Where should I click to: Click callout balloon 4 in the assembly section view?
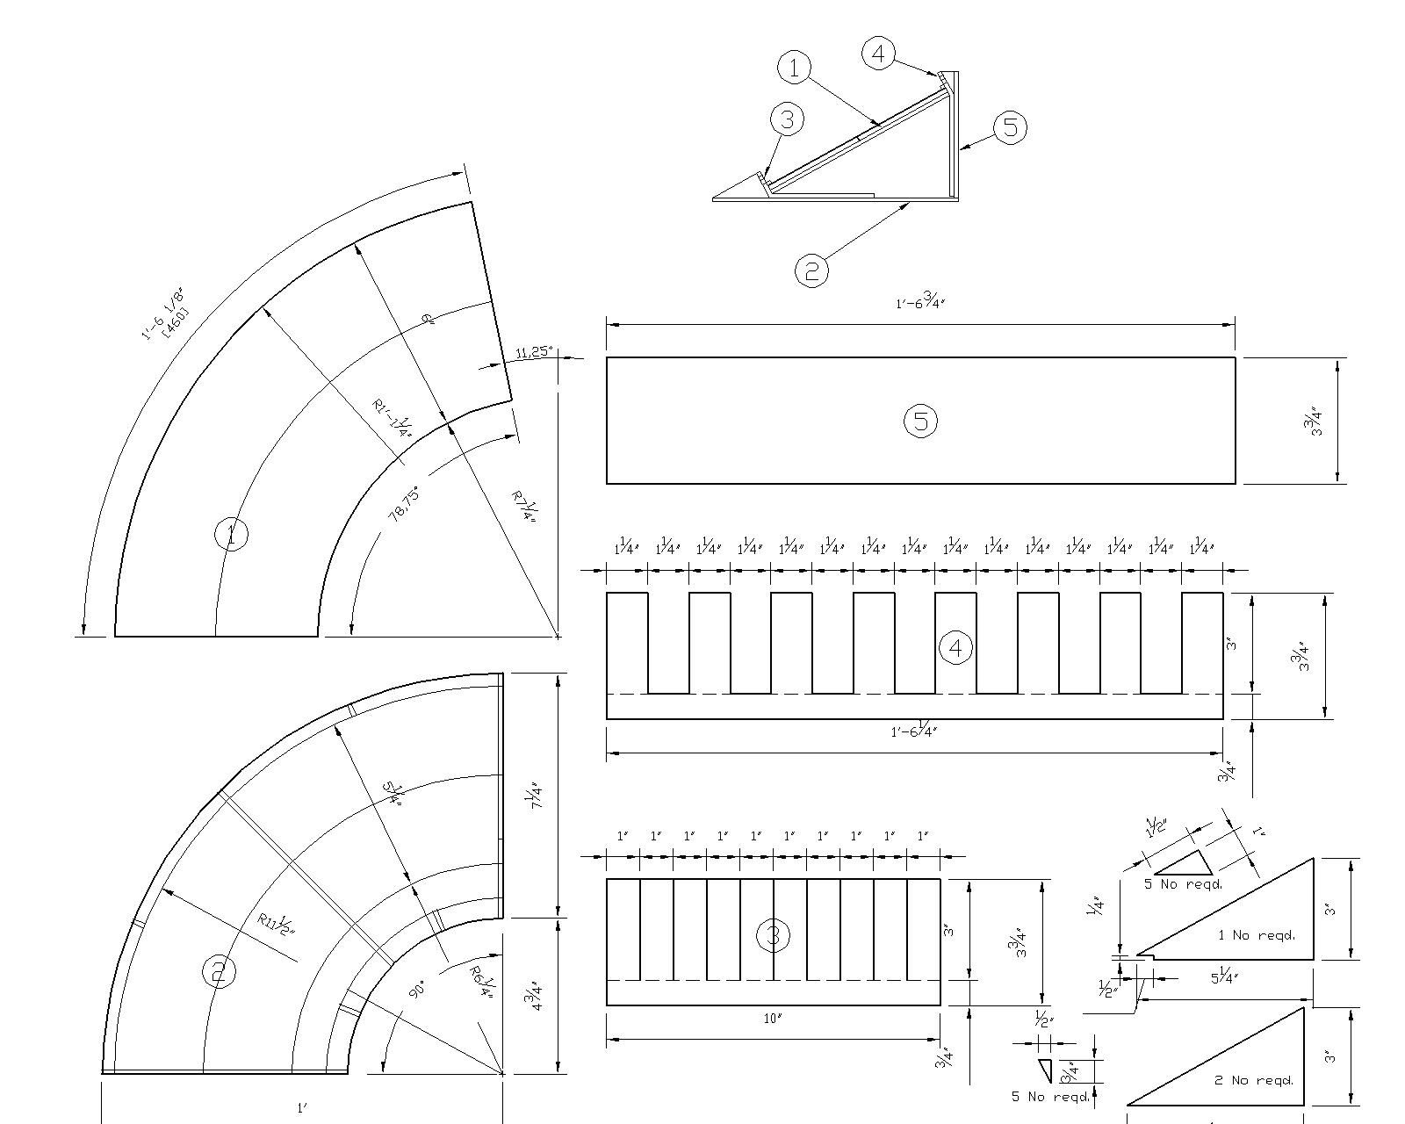pyautogui.click(x=877, y=54)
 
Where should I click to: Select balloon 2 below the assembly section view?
pyautogui.click(x=811, y=270)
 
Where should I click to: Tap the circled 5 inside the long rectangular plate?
pyautogui.click(x=920, y=421)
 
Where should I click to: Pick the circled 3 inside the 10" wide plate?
pyautogui.click(x=773, y=936)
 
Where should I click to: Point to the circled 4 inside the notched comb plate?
pyautogui.click(x=955, y=648)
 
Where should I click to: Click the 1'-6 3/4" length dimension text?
pyautogui.click(x=919, y=303)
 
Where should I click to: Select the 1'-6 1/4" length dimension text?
pyautogui.click(x=914, y=731)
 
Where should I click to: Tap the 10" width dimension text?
pyautogui.click(x=773, y=1020)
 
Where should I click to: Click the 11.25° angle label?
pyautogui.click(x=535, y=352)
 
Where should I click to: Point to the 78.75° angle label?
pyautogui.click(x=405, y=504)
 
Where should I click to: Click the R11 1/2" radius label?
pyautogui.click(x=277, y=925)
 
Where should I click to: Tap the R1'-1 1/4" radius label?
pyautogui.click(x=393, y=418)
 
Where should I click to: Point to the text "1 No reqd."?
pyautogui.click(x=1256, y=935)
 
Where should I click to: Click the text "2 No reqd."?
pyautogui.click(x=1254, y=1080)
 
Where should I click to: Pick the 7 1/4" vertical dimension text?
pyautogui.click(x=537, y=795)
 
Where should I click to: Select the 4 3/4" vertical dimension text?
pyautogui.click(x=537, y=996)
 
